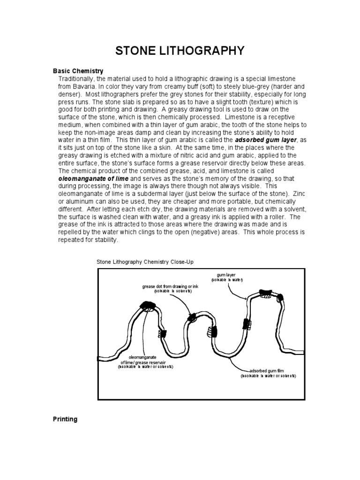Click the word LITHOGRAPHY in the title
[204, 50]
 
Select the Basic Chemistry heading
[78, 71]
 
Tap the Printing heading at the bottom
[65, 419]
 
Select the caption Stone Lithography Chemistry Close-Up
[145, 262]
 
